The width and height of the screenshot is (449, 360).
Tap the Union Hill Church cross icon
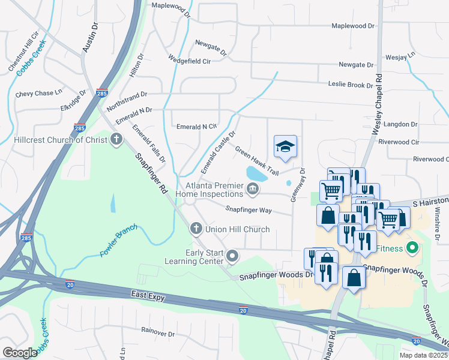coord(195,229)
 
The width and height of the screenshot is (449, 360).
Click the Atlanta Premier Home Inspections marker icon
coord(253,190)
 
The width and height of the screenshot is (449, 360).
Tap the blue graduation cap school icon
coord(286,146)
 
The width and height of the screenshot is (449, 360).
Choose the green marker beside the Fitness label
coord(412,247)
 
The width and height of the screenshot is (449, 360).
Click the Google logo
coord(19,352)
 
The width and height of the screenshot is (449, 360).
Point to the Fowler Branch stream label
coord(119,240)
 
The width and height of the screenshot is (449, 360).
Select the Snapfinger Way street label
coord(249,210)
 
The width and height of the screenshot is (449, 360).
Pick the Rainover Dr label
coord(157,333)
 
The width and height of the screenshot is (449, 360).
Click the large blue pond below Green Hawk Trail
coord(257,174)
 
